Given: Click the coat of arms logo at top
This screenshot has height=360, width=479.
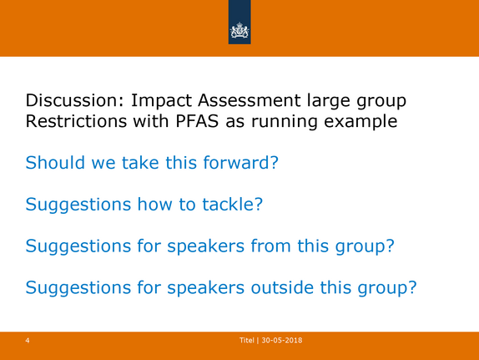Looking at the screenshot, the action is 239,31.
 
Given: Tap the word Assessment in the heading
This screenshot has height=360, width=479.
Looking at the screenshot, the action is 250,100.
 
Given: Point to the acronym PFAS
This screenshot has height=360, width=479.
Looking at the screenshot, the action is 197,121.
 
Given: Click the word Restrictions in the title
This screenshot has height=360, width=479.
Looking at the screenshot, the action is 76,121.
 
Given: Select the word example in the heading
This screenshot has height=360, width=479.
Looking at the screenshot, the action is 361,122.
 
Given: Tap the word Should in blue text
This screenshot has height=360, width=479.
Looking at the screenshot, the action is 55,162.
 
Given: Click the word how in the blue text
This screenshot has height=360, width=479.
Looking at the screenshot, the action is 155,204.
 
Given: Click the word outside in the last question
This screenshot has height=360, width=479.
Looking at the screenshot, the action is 282,287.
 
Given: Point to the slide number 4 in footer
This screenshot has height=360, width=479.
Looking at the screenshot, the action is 28,341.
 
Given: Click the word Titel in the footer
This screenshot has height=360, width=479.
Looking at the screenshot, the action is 246,341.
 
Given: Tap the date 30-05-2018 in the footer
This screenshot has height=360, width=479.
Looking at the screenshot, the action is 282,341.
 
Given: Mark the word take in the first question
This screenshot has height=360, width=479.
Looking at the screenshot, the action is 140,162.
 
